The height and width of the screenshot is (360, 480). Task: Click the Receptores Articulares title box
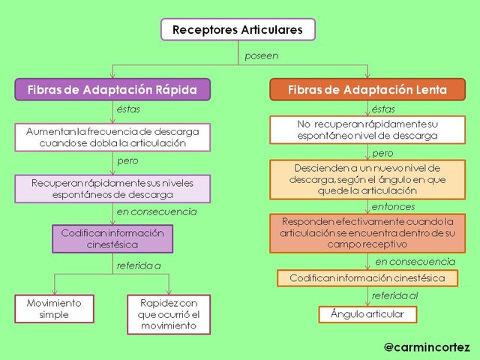coord(238,29)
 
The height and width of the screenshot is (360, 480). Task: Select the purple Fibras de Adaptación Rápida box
coord(112,89)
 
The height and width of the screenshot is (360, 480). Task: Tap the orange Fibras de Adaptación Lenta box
coord(367,89)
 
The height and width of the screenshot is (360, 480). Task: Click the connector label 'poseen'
coord(262,55)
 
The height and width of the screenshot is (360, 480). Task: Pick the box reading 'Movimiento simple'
coord(54,309)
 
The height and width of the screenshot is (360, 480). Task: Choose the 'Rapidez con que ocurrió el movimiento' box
coord(169,314)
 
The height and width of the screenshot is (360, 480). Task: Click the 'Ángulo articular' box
coord(367,314)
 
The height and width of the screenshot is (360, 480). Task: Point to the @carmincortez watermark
coord(427,347)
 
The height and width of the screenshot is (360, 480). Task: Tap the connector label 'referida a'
coord(139,265)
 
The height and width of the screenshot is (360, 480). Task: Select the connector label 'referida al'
coord(394,295)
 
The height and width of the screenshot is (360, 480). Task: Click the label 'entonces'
coord(393,207)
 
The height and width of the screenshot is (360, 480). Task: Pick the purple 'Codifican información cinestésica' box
coord(112,238)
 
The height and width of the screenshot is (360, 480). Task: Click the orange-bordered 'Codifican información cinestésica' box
coord(367,278)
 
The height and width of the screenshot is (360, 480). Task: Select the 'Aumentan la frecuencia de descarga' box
coord(112,137)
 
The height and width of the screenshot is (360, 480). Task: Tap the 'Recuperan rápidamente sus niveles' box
coord(112,189)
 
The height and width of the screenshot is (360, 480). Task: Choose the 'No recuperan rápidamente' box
coord(367,130)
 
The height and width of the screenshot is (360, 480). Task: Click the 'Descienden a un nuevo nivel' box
coord(367,179)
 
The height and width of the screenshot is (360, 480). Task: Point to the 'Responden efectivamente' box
coord(367,233)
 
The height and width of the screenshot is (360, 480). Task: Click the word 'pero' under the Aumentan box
coord(127,161)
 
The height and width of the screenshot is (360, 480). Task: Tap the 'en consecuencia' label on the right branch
coord(415,262)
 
